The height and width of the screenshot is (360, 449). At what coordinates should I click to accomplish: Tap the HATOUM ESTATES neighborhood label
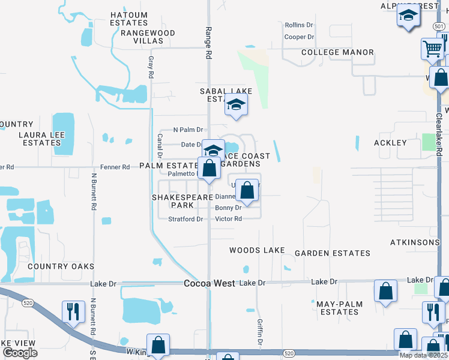[129, 19]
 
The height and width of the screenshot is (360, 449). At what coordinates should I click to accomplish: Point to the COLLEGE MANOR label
[337, 52]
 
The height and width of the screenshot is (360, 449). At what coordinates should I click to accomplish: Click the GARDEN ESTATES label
[331, 253]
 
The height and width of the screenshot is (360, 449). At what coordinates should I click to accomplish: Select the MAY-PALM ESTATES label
[340, 308]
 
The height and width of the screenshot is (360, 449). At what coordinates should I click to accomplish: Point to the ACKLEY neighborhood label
[390, 143]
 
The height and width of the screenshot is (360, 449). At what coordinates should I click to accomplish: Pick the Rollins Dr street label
[299, 25]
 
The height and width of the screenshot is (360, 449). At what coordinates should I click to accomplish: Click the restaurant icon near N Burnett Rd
[73, 312]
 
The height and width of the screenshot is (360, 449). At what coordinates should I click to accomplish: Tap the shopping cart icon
[432, 50]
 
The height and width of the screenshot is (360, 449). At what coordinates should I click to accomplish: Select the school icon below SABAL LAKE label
[237, 106]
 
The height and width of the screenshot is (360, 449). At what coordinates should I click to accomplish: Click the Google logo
[20, 353]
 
